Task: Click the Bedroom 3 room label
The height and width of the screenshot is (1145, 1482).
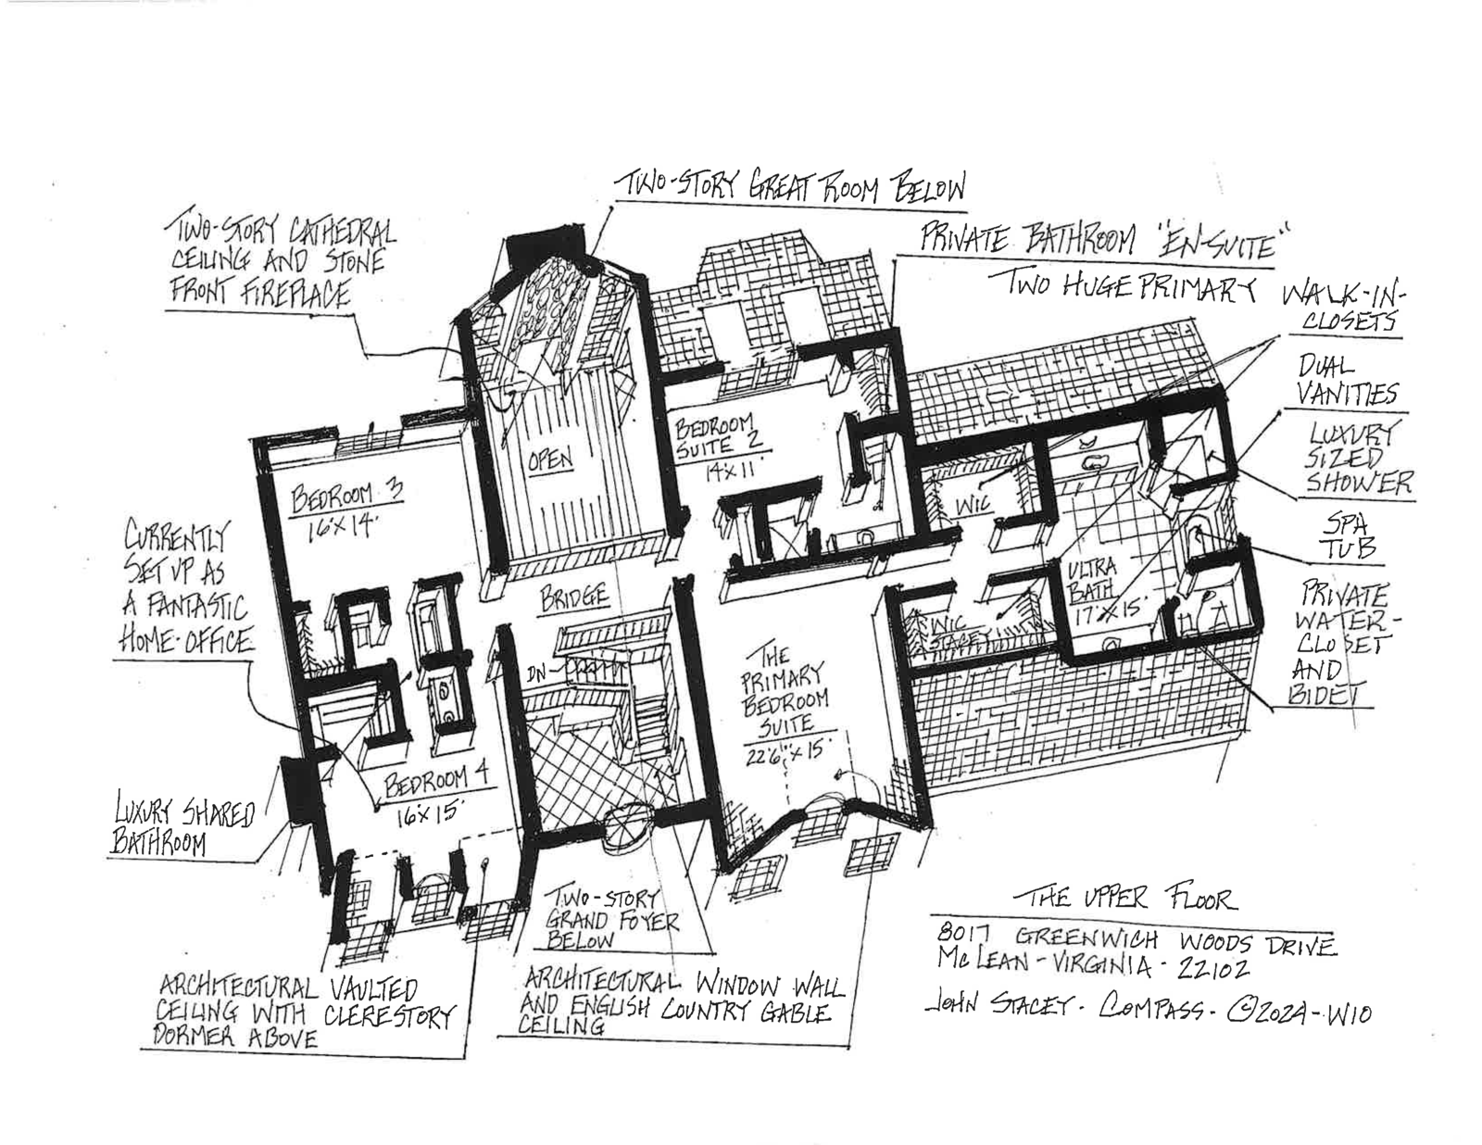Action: (346, 497)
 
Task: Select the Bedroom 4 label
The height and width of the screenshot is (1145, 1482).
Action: (428, 786)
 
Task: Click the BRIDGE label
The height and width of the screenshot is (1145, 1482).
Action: (574, 598)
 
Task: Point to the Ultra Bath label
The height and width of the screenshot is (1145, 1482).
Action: (1093, 578)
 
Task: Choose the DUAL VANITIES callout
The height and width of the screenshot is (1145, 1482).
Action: (1346, 380)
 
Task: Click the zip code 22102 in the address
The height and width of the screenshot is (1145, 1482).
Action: (1213, 969)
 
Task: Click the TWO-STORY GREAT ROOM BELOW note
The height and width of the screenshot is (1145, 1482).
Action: (793, 187)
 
